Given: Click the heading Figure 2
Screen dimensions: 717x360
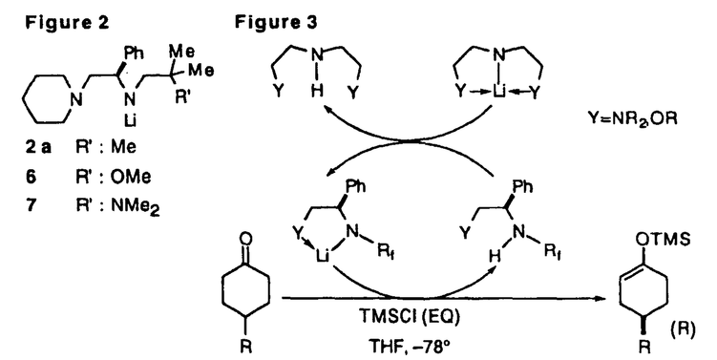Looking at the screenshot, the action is coord(67,23).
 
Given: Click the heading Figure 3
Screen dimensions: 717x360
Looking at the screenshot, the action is coord(276,23).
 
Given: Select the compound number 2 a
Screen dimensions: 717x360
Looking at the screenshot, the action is coord(39,147).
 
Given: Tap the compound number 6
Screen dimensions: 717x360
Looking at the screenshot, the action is coord(32,177).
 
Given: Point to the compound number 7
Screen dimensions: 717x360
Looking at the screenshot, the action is coord(32,206).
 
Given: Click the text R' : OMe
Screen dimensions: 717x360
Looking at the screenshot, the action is coord(113,177).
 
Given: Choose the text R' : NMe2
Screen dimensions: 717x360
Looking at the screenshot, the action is coord(118,207).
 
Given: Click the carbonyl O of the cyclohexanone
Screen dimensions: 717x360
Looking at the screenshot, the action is coord(245,239).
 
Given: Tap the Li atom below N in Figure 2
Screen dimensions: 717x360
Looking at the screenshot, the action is coord(130,120).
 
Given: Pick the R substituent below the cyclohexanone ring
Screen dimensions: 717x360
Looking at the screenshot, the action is coord(245,347).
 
